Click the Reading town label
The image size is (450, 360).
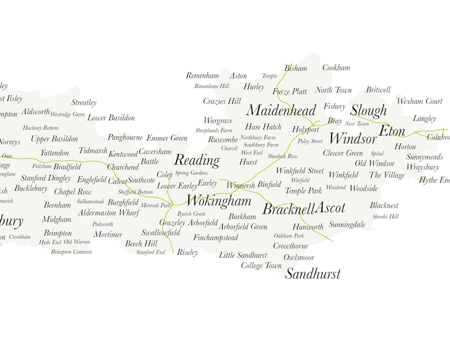click(x=196, y=160)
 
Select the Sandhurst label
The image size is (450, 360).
click(x=313, y=274)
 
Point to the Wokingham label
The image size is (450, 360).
click(x=218, y=201)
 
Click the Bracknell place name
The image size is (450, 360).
click(x=288, y=209)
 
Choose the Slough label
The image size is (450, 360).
click(x=368, y=111)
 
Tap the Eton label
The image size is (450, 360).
click(x=392, y=132)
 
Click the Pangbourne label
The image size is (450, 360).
click(x=125, y=138)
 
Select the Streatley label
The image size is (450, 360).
click(x=84, y=103)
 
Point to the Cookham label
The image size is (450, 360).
click(x=336, y=67)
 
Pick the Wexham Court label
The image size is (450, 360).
click(x=419, y=101)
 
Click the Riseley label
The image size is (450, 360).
click(x=188, y=252)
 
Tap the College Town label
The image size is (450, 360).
click(x=261, y=265)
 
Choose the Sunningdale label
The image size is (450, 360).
click(x=347, y=225)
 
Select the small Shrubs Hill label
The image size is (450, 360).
click(x=385, y=217)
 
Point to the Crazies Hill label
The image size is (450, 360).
click(x=222, y=101)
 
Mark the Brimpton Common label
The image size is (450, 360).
click(x=71, y=252)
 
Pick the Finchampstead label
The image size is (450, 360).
click(x=215, y=238)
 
